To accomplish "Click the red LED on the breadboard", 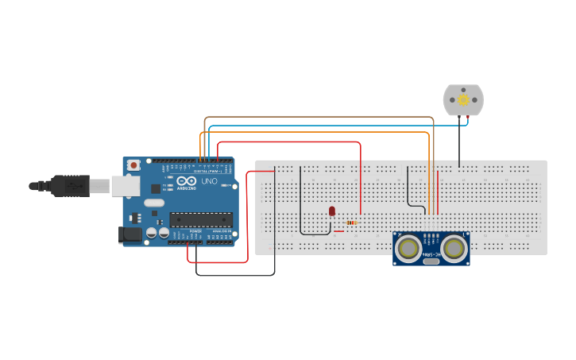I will coord(332,211).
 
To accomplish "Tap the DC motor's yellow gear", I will coord(462,100).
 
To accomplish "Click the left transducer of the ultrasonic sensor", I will coord(409,248).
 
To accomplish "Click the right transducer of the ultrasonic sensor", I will coord(454,248).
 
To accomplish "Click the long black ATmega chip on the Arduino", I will coord(200,219).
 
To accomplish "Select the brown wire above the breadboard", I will coord(318,118).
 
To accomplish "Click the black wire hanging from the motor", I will coord(458,143).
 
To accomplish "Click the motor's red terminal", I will coord(468,118).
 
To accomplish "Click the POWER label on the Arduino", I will coord(195,231).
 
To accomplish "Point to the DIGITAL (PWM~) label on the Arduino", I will coord(207,171).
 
